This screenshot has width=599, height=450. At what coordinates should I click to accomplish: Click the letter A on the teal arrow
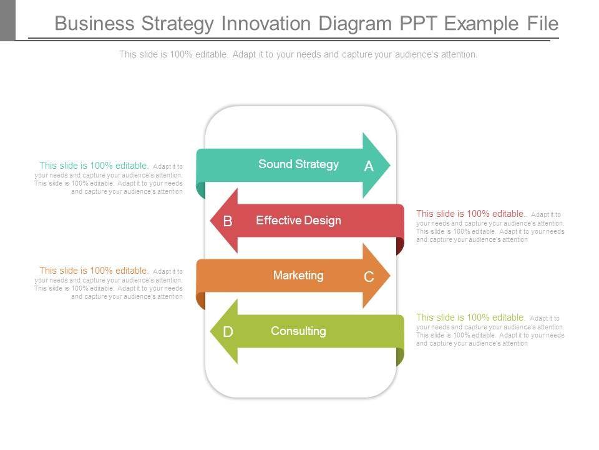click(369, 166)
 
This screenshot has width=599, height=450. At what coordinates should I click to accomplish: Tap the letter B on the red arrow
click(228, 221)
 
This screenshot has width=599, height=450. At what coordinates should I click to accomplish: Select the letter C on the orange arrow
click(369, 277)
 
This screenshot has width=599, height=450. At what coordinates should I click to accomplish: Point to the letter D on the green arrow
click(228, 332)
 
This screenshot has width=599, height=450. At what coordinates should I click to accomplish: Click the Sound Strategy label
click(298, 164)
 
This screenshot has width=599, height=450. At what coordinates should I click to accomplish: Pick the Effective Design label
click(298, 220)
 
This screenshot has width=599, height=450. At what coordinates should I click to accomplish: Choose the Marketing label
click(298, 275)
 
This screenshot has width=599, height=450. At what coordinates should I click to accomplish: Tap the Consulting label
click(298, 331)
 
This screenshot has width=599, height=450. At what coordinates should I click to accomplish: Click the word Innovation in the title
click(266, 24)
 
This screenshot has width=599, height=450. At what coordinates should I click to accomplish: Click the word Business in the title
click(94, 24)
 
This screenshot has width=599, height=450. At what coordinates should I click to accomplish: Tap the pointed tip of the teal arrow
click(389, 166)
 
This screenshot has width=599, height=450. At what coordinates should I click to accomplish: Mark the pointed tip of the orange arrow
click(389, 276)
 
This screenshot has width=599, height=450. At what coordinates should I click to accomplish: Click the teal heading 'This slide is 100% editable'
click(94, 166)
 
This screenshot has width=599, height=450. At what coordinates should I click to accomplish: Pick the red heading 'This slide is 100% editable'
click(471, 214)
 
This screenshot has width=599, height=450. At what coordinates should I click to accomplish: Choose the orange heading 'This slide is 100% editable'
click(94, 271)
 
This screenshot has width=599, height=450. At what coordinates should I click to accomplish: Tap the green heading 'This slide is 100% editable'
click(470, 317)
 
